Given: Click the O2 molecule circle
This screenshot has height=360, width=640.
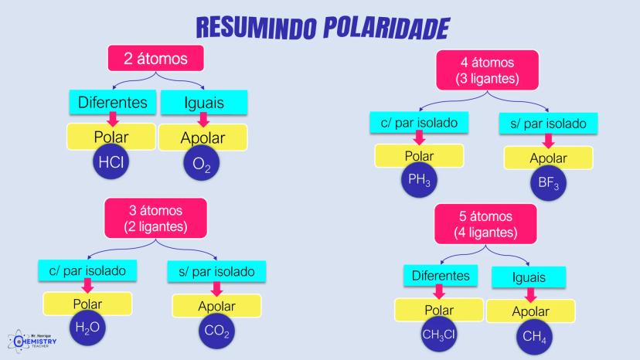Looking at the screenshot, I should pos(202,165).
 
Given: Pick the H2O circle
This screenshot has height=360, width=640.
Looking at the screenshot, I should pos(87,328).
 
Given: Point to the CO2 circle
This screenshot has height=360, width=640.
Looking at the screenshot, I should pos(216,331).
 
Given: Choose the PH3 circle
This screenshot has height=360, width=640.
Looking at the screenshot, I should pos(419,181).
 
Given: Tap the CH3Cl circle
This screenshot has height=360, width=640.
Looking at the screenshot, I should pos(439,334).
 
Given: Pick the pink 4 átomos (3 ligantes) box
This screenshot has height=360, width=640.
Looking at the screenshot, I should pos(486,70).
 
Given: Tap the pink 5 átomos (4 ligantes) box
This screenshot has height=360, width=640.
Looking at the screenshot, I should pos(485,224).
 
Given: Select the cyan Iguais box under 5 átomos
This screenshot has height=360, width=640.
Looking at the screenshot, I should pos(529,277).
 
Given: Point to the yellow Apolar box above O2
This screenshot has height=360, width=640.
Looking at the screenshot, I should pos(203,138).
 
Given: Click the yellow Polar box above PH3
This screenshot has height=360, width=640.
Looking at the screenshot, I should pos(419,156).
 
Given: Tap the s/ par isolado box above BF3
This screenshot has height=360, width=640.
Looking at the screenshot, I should pos(548,123).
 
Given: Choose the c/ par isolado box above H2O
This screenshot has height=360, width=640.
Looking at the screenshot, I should pos(87,270).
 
